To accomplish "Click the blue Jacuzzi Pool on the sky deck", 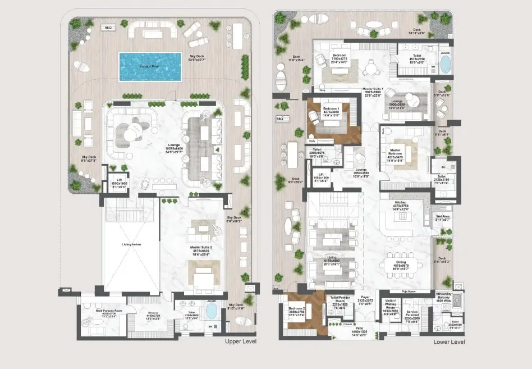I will (x=150, y=66).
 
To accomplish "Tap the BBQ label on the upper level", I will (x=108, y=27).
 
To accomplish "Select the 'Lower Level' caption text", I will (x=449, y=341).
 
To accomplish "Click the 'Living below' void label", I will (x=130, y=244).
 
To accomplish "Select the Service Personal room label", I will (x=412, y=313).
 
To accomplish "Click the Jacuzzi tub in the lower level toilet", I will (x=445, y=64).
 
